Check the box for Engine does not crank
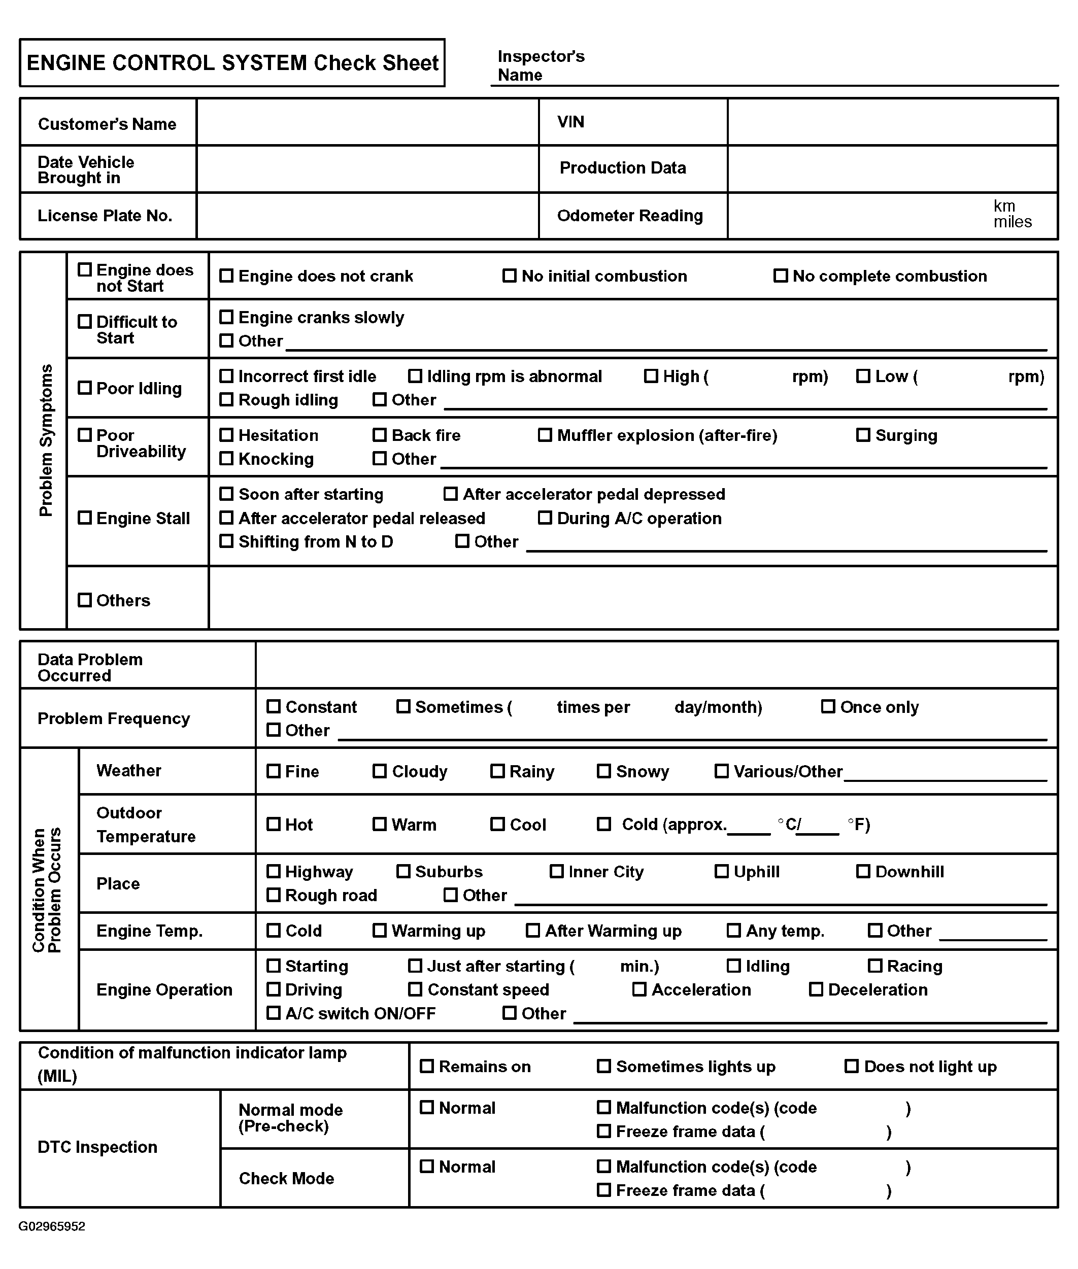click(x=226, y=276)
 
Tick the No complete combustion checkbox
click(x=781, y=276)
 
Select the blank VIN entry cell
click(x=892, y=122)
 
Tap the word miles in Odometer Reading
click(x=1012, y=222)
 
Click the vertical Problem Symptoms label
click(x=46, y=440)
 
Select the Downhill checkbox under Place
click(x=863, y=871)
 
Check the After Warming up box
click(x=533, y=931)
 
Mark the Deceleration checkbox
click(x=816, y=989)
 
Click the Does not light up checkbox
click(x=851, y=1066)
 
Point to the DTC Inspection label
click(x=97, y=1147)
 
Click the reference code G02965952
click(x=52, y=1226)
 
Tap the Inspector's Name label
click(x=541, y=65)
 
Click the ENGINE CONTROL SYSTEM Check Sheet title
click(x=232, y=63)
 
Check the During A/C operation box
click(x=545, y=518)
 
